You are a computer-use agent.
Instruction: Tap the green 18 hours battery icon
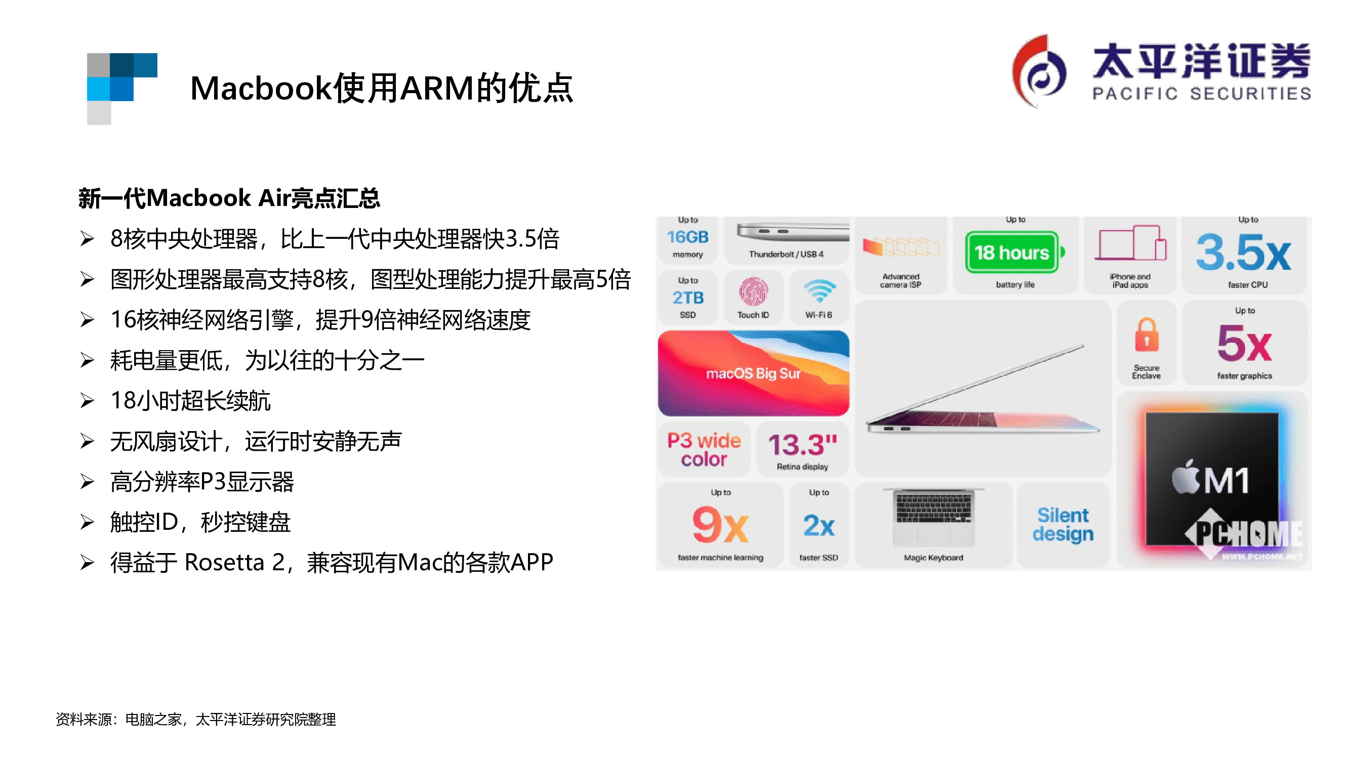(1012, 252)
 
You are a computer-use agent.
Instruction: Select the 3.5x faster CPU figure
(1243, 252)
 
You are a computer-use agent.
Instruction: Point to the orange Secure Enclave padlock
(1146, 335)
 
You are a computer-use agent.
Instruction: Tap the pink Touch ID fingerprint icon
(753, 292)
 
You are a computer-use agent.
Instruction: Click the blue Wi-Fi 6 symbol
(819, 291)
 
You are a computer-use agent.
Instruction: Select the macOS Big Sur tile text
(753, 373)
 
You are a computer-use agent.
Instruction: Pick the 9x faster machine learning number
(720, 525)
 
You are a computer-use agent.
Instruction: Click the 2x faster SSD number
(819, 525)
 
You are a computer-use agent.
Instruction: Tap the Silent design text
(1063, 524)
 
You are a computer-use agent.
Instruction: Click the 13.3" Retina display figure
(802, 445)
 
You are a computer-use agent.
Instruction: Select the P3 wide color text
(704, 449)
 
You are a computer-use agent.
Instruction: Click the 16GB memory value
(687, 237)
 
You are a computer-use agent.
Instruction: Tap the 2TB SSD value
(687, 298)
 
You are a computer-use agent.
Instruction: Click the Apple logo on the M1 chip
(1185, 478)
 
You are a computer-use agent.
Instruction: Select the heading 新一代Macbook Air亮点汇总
(229, 198)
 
